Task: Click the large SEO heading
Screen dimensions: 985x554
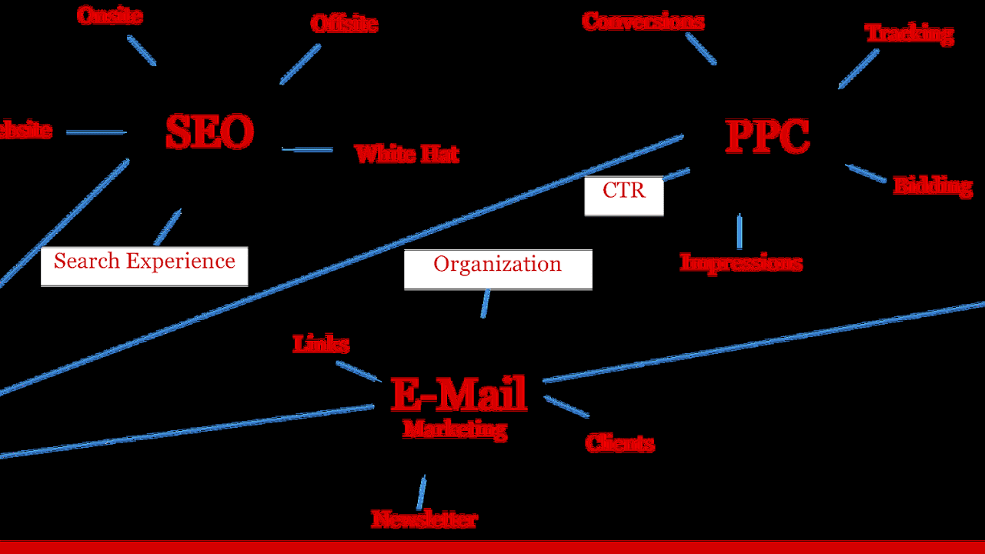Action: point(209,132)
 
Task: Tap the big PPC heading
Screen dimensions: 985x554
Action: point(767,137)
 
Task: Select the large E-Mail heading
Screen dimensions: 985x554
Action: point(459,394)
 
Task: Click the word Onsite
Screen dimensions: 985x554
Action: point(110,15)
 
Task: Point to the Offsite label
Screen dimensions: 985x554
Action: point(344,24)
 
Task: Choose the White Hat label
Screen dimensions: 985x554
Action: point(406,154)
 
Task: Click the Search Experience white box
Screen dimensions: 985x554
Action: point(144,265)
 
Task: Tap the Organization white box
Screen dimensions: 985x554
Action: point(498,269)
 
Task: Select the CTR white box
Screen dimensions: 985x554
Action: point(623,195)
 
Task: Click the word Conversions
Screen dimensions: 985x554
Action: point(643,21)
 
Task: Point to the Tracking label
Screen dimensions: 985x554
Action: point(909,34)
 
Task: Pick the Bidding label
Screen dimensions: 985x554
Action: point(932,186)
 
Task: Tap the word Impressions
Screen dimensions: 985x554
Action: point(740,262)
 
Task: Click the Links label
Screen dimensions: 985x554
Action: point(321,344)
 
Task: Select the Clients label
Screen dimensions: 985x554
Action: point(619,443)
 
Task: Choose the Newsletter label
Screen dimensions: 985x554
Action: point(424,519)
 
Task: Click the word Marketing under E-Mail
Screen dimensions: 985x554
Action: point(455,429)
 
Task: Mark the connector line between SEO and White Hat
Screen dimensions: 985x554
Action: point(307,149)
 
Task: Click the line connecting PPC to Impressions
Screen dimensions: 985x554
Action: point(740,231)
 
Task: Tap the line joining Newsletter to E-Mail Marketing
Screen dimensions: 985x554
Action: point(422,492)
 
